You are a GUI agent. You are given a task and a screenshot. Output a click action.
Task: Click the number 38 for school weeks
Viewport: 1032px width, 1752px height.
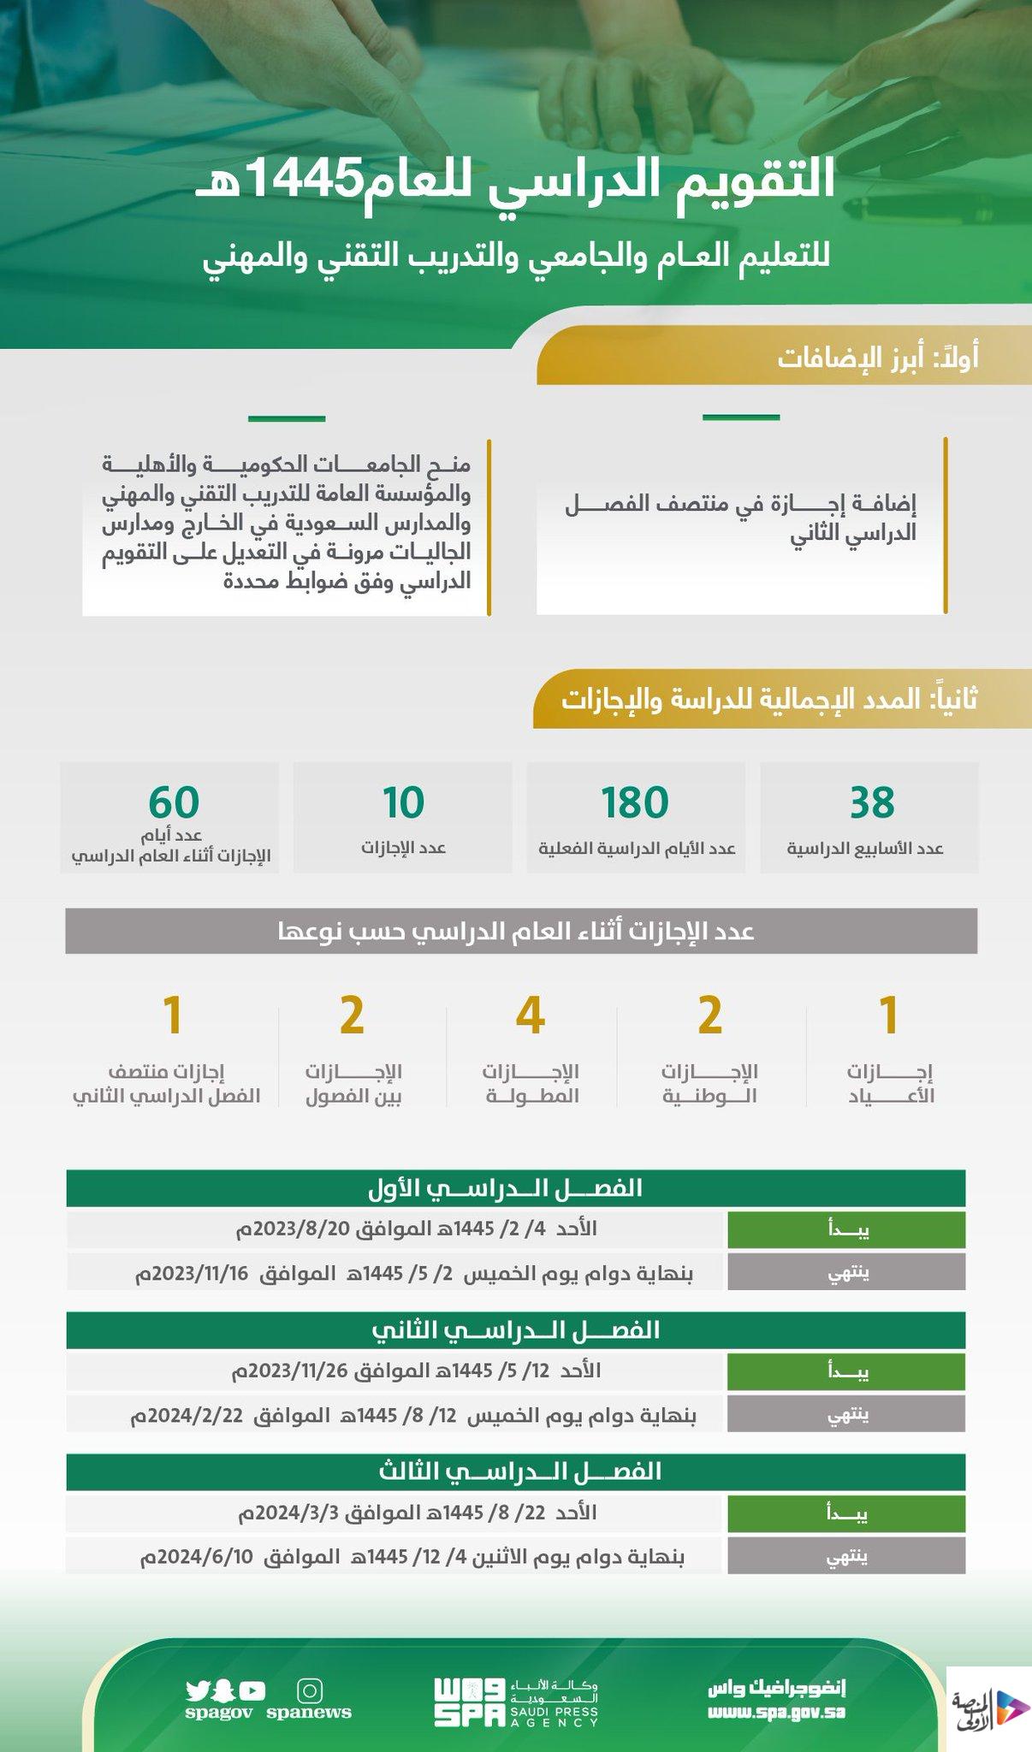coord(871,802)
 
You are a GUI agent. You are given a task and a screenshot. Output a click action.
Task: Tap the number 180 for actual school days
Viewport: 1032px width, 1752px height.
coord(634,802)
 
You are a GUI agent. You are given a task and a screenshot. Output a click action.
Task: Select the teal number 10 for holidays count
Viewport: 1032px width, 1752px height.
coord(402,802)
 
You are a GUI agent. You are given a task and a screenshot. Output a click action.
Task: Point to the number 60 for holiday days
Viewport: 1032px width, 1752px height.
coord(174,802)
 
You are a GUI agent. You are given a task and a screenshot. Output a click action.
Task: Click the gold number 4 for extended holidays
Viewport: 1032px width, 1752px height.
coord(531,1015)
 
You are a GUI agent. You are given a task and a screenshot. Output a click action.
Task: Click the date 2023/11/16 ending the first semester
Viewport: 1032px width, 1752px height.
coord(192,1274)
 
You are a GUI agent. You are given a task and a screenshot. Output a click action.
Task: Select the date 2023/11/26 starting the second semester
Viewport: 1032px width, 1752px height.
coord(290,1371)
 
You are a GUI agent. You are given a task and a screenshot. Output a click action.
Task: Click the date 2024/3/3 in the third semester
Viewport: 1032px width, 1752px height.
coord(291,1513)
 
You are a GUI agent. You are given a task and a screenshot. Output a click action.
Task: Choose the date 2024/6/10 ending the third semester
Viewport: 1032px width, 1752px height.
coord(198,1558)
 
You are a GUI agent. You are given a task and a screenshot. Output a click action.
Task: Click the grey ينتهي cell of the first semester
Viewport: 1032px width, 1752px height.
coord(846,1273)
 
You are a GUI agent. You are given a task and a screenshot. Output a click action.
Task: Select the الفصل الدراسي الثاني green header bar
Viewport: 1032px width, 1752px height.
coord(515,1330)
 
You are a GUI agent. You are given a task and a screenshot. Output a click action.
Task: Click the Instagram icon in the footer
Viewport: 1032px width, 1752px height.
coord(309,1691)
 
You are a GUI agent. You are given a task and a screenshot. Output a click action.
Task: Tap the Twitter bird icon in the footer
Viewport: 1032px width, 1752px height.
coord(198,1690)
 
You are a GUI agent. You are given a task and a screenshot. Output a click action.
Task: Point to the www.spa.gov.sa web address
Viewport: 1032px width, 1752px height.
coord(776,1712)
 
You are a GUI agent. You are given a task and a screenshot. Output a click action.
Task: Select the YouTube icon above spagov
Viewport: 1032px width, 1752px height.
coord(252,1690)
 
